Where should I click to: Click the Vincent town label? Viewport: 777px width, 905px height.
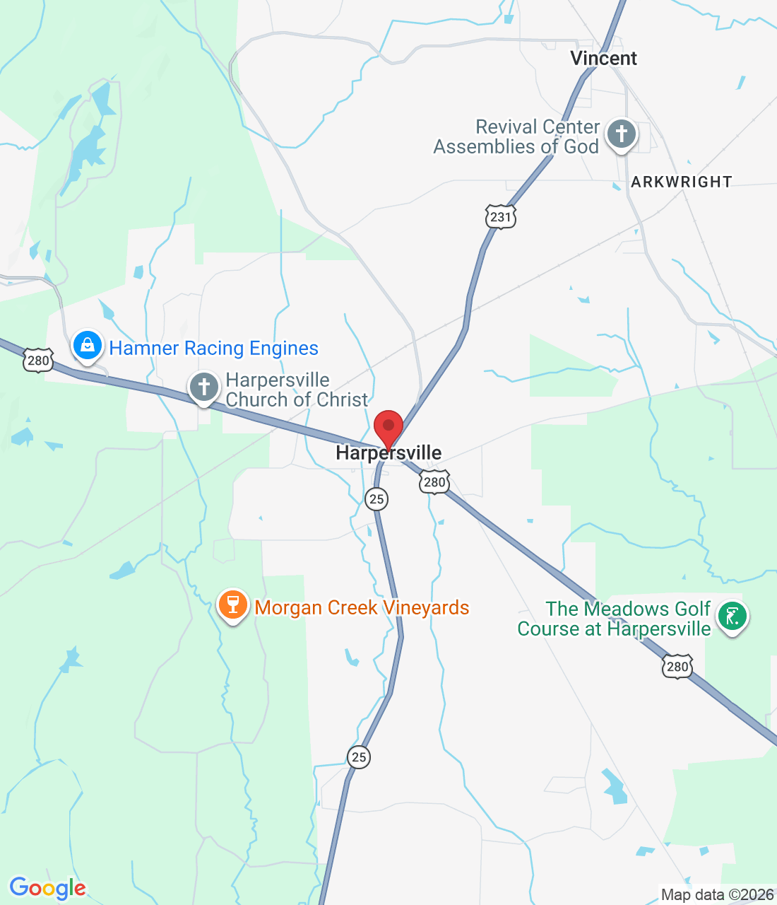click(603, 59)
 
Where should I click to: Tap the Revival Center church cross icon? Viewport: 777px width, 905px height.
click(622, 133)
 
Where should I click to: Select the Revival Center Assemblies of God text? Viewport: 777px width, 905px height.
click(516, 137)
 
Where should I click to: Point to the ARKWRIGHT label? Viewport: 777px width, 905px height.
click(681, 182)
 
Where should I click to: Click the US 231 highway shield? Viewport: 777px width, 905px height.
click(501, 216)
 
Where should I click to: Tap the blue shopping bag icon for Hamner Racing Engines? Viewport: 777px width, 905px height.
click(88, 346)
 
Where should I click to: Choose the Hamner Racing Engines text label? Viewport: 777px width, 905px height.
click(213, 349)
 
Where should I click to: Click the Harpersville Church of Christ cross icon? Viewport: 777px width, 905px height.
click(204, 387)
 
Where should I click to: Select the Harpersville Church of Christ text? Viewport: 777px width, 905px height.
click(297, 390)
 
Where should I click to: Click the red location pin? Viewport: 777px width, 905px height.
click(388, 428)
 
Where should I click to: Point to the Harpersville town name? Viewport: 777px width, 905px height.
click(389, 453)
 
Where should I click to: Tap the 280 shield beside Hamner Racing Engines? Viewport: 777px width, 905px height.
click(38, 361)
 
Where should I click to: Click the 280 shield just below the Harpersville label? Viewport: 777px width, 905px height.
click(434, 483)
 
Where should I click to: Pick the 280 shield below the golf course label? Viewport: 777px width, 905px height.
click(677, 667)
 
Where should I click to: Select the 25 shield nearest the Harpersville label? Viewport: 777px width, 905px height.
click(376, 499)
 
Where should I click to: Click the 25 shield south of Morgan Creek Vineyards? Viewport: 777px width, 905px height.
click(359, 757)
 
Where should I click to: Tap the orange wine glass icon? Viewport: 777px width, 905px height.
click(232, 605)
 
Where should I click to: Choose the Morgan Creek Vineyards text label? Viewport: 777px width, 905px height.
click(362, 608)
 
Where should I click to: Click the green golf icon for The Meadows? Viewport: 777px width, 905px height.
click(732, 616)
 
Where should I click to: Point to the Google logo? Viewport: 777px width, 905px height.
click(47, 888)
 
